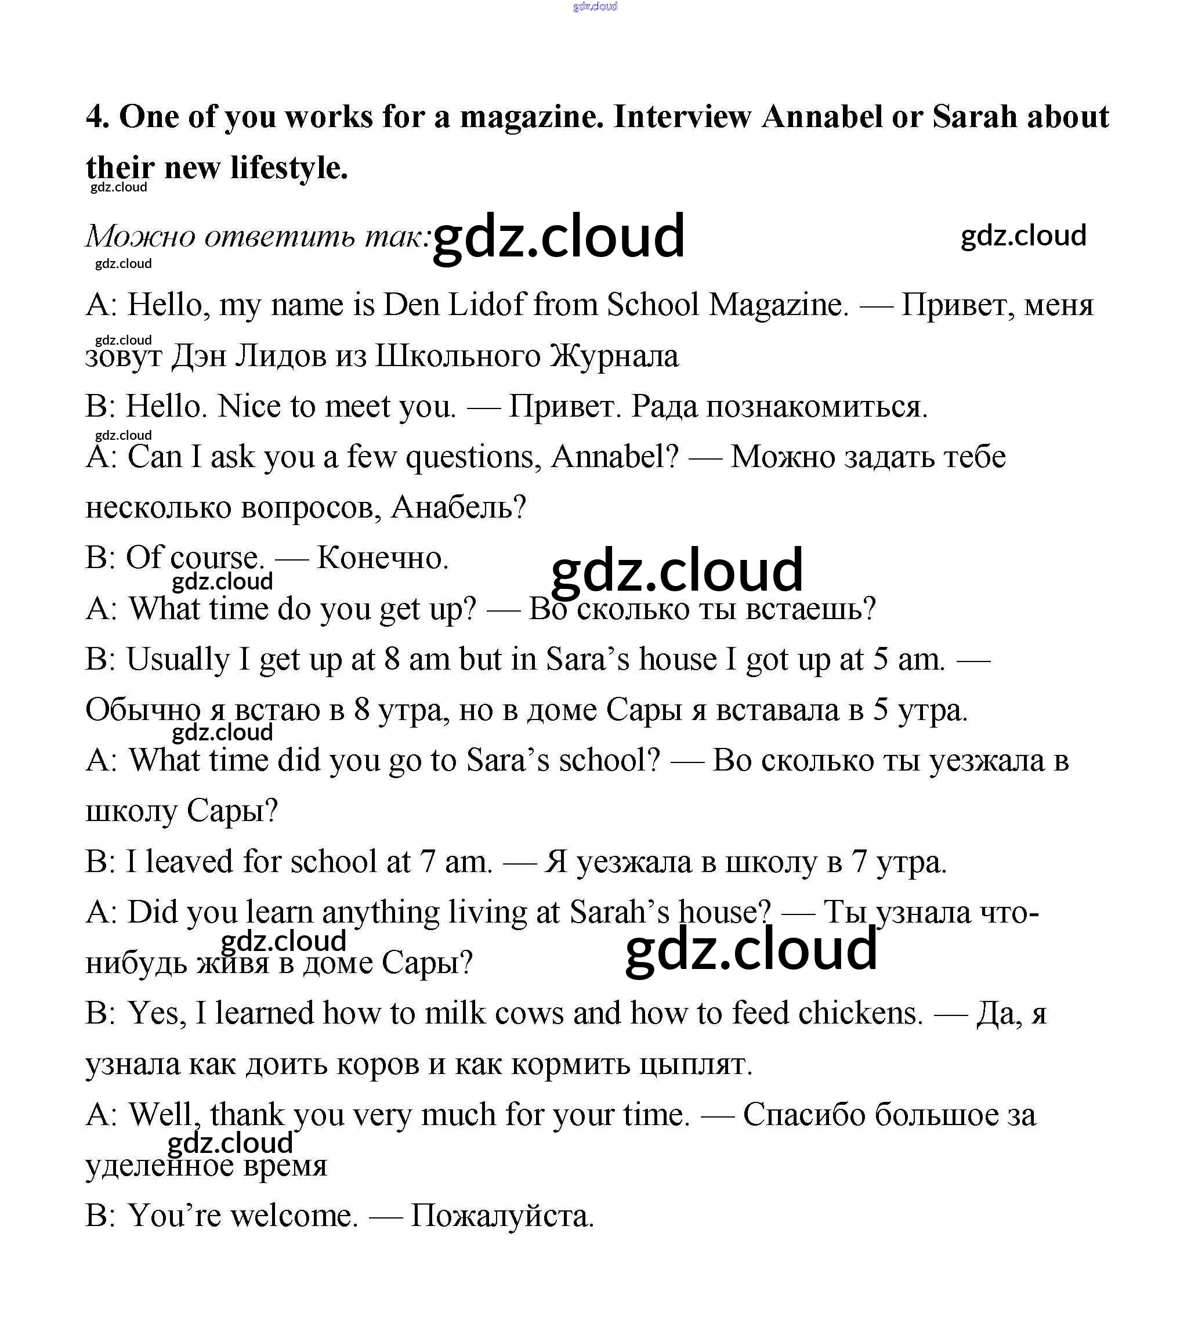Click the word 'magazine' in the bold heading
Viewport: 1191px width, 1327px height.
tap(531, 118)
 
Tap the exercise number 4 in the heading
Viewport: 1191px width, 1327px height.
tap(96, 117)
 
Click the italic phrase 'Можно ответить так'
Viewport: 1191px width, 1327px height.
tap(258, 236)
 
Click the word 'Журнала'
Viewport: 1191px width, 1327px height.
tap(614, 356)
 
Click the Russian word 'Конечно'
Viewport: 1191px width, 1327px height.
tap(382, 558)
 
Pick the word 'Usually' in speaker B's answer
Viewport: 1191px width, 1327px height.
tap(178, 659)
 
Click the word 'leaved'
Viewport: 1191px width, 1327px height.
tap(189, 862)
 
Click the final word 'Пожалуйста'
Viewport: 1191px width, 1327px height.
tap(501, 1216)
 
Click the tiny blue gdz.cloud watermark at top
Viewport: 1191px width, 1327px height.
tap(595, 6)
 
